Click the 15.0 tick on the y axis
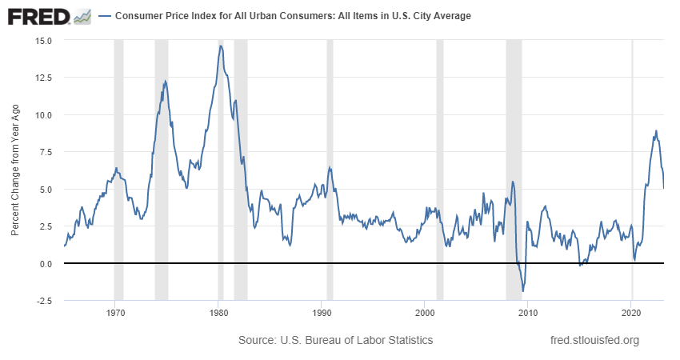pos(44,40)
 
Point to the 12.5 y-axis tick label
pos(44,78)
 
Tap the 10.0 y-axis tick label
pos(44,114)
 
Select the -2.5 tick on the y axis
pos(45,301)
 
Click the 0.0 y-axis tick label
pos(47,263)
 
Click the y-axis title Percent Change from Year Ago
pos(16,170)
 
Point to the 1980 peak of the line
pos(221,46)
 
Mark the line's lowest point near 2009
pos(522,291)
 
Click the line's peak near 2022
pos(656,131)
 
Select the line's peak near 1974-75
pos(165,81)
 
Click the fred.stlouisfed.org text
pos(595,340)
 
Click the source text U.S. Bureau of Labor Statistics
pos(335,340)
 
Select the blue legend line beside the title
pos(104,16)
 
